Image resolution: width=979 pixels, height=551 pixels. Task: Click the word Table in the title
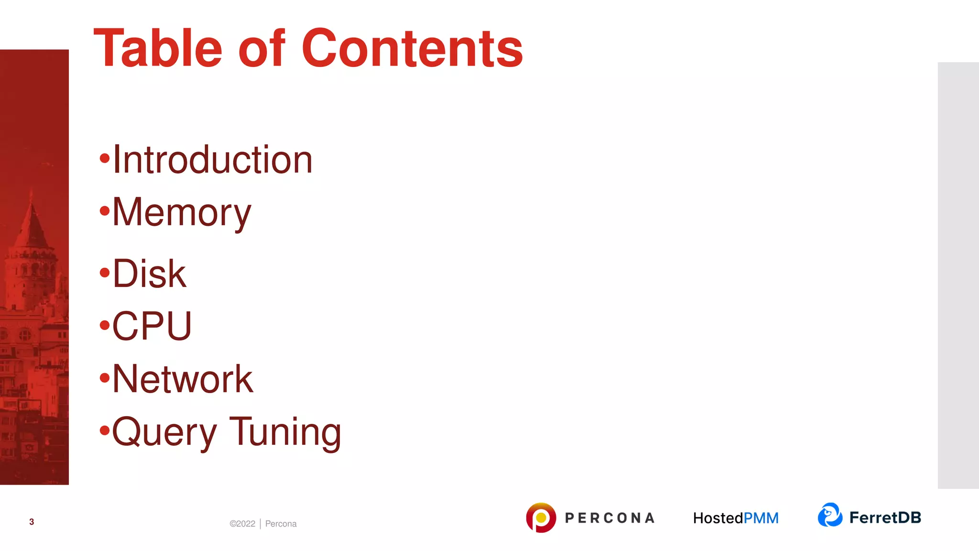pyautogui.click(x=158, y=49)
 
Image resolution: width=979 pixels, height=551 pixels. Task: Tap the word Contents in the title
pyautogui.click(x=412, y=49)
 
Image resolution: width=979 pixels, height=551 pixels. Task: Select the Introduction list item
pyautogui.click(x=212, y=160)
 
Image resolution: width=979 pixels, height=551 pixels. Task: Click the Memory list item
pyautogui.click(x=182, y=212)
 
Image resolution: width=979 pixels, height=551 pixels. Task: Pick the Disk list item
pyautogui.click(x=149, y=274)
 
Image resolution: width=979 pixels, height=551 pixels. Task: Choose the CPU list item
pyautogui.click(x=152, y=326)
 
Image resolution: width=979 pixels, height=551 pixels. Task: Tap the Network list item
pyautogui.click(x=183, y=379)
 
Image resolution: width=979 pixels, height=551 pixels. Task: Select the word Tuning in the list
pyautogui.click(x=285, y=431)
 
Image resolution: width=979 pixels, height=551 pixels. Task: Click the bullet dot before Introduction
pyautogui.click(x=105, y=158)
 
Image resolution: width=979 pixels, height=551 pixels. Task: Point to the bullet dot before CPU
pyautogui.click(x=105, y=326)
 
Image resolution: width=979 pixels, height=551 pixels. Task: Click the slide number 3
pyautogui.click(x=32, y=522)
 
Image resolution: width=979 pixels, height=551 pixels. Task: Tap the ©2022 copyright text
pyautogui.click(x=242, y=524)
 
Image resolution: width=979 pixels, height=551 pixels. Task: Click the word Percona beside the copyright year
pyautogui.click(x=281, y=524)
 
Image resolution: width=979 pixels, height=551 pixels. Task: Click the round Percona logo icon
pyautogui.click(x=541, y=518)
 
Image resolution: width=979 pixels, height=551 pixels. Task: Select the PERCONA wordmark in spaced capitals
pyautogui.click(x=609, y=518)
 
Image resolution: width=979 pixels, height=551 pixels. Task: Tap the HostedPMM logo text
pyautogui.click(x=736, y=518)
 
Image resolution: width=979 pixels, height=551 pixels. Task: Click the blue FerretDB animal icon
pyautogui.click(x=830, y=515)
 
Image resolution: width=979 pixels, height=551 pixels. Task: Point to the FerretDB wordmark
pyautogui.click(x=885, y=518)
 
